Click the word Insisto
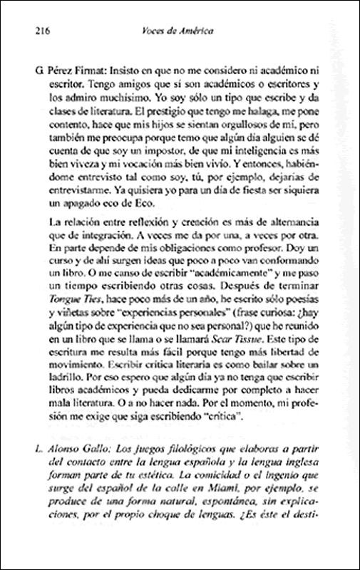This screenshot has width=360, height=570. coord(130,72)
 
